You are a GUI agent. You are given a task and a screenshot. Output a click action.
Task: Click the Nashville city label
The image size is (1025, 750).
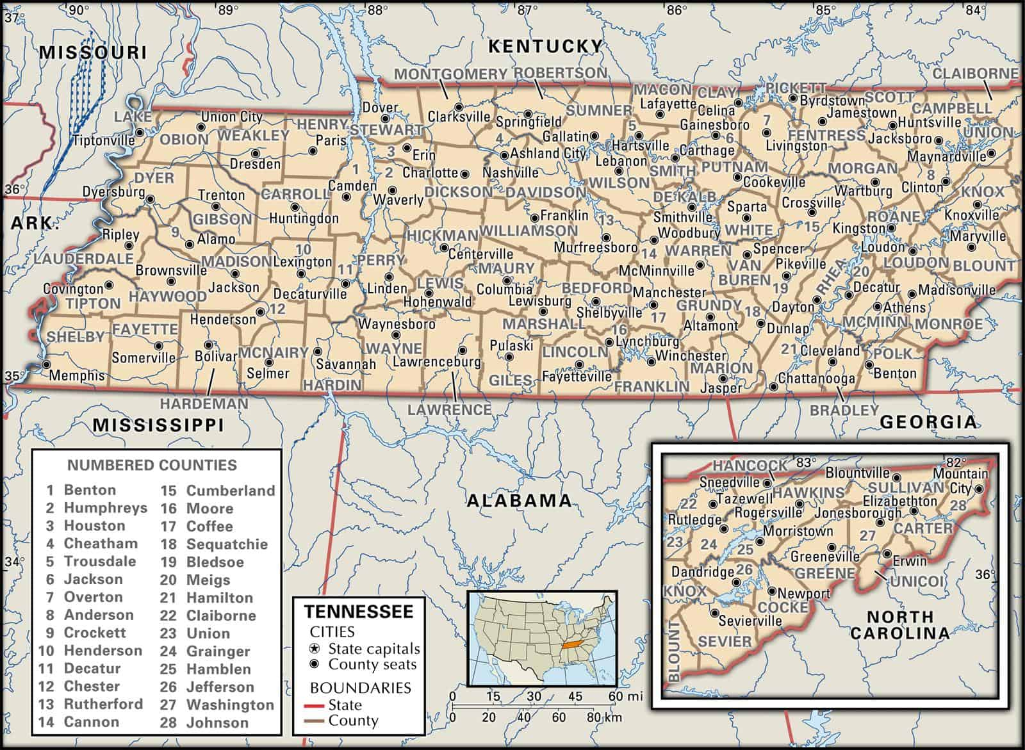click(x=510, y=173)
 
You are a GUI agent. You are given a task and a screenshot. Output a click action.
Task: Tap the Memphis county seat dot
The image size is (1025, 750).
click(x=45, y=364)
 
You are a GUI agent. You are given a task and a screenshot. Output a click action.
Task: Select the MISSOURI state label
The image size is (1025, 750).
click(x=93, y=52)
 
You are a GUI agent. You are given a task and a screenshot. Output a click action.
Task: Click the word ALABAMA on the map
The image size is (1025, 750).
click(x=518, y=500)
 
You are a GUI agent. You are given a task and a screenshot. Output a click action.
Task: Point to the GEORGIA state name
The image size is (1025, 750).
click(x=928, y=421)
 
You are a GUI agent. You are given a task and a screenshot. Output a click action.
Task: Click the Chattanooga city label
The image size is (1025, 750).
click(x=816, y=379)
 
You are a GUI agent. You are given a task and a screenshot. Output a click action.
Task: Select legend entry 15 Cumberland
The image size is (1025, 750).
click(x=218, y=491)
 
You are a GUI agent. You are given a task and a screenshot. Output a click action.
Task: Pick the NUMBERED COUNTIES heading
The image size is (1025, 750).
click(x=152, y=466)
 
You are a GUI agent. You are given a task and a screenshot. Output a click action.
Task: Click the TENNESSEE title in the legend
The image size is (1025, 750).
click(x=358, y=610)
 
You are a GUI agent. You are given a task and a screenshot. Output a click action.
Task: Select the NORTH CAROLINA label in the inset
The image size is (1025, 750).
click(x=899, y=624)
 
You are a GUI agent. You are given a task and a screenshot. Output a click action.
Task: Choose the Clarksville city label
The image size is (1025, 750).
click(x=458, y=118)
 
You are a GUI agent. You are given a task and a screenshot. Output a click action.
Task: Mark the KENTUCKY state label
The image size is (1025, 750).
click(x=545, y=46)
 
